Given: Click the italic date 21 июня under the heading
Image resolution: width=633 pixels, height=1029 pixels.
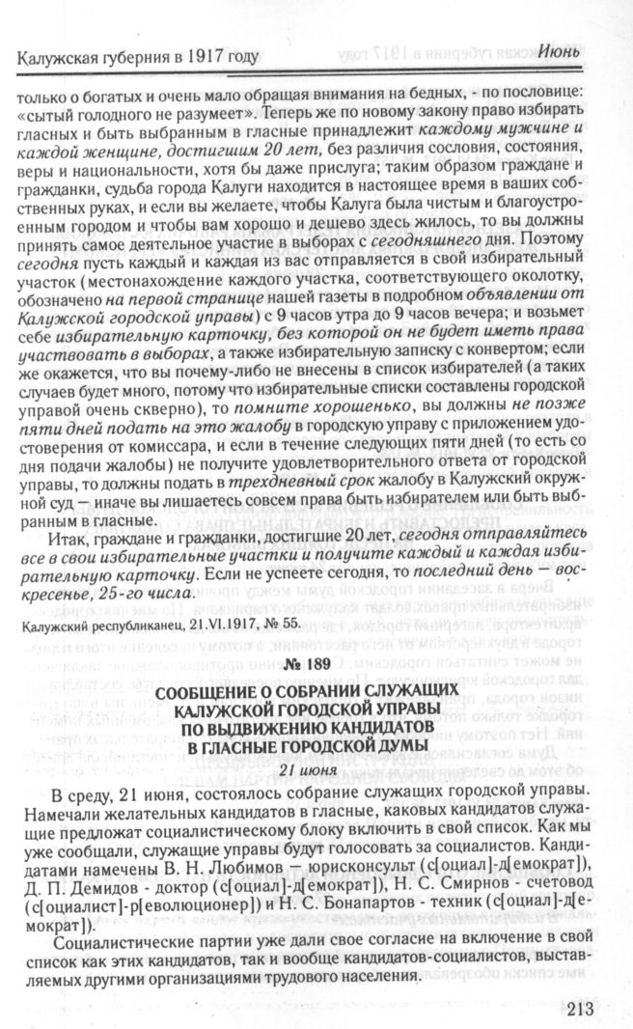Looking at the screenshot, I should (315, 767).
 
